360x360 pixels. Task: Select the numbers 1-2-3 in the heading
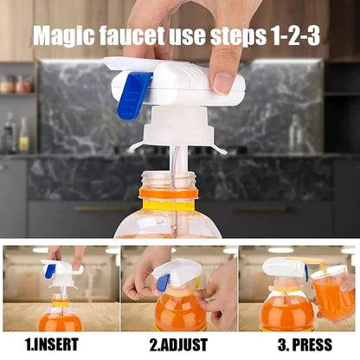[294, 37]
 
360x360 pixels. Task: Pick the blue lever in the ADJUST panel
[161, 282]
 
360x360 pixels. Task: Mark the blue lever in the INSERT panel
[50, 271]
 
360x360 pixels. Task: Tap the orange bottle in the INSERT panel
[60, 316]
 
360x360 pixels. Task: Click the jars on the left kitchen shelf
[15, 84]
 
